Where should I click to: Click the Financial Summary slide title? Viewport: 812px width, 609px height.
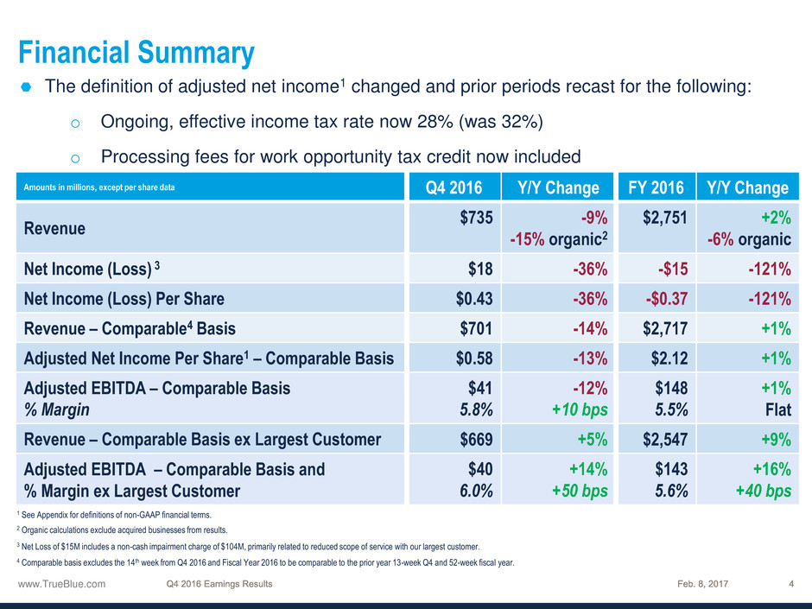[136, 53]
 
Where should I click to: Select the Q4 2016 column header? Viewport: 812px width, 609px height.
[454, 187]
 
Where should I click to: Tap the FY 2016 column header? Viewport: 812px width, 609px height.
[656, 187]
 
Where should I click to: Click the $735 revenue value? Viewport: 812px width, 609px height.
[477, 218]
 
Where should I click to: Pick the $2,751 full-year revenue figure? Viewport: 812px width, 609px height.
[665, 218]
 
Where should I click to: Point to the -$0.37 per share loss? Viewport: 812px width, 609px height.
[667, 299]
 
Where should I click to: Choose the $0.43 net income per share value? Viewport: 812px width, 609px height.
[474, 299]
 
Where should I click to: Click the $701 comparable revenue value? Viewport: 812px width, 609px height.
[476, 328]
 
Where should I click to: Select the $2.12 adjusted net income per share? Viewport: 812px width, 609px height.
[669, 358]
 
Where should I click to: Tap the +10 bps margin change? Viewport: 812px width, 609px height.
[580, 409]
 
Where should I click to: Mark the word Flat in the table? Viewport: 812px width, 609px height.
[778, 410]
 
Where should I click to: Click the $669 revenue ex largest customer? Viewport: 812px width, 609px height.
[477, 440]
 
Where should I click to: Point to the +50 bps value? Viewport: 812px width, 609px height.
[580, 491]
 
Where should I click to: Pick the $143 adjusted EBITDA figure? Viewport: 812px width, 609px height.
[672, 469]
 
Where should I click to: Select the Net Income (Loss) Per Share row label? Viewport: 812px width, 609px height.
[124, 299]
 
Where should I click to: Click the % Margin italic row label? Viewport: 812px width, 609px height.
[56, 409]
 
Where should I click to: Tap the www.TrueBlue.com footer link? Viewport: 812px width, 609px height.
[61, 584]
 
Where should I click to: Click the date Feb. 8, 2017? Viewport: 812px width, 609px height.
[703, 584]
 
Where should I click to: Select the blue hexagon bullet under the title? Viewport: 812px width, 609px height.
[26, 87]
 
